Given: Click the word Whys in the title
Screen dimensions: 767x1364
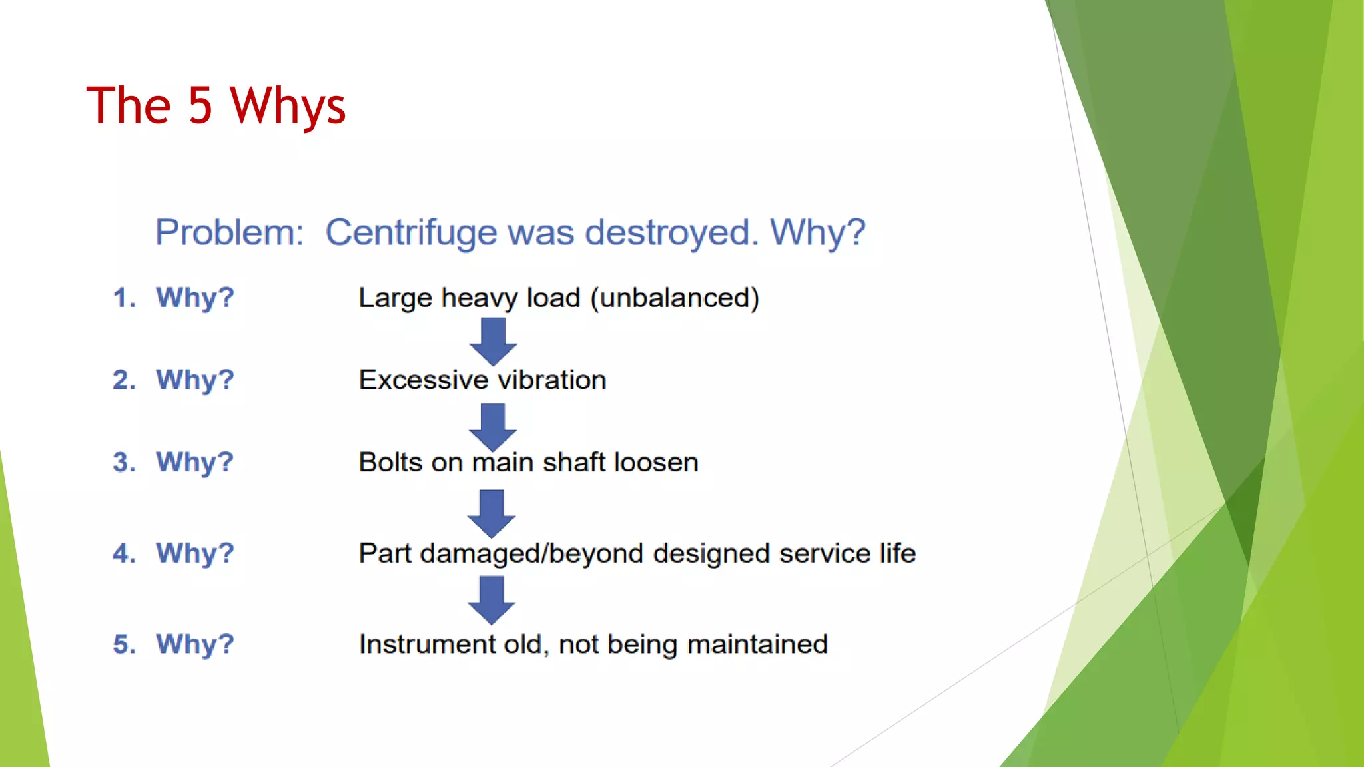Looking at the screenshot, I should coord(288,107).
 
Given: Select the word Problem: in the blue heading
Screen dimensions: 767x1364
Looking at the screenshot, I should coord(229,232).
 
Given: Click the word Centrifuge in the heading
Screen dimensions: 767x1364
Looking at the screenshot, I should coord(410,232).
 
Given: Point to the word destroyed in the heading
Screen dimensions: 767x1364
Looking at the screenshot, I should coord(671,232).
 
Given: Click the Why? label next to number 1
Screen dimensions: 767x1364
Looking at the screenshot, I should coord(194,297).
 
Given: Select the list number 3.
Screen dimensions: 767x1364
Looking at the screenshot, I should coord(123,462).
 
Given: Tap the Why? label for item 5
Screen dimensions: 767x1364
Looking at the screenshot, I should coord(194,644).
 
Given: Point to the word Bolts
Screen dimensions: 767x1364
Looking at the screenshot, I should coord(390,462).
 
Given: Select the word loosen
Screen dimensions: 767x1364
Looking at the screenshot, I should coord(656,462).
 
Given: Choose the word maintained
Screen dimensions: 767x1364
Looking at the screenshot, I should coord(757,644).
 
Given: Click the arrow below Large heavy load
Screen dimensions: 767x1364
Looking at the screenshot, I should coord(493,341).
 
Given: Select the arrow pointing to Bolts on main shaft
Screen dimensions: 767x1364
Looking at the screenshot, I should coord(493,427).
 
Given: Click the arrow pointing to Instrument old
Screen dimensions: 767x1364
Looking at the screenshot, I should coord(492,600).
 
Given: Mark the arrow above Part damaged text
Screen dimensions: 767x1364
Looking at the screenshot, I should coord(492,513).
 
